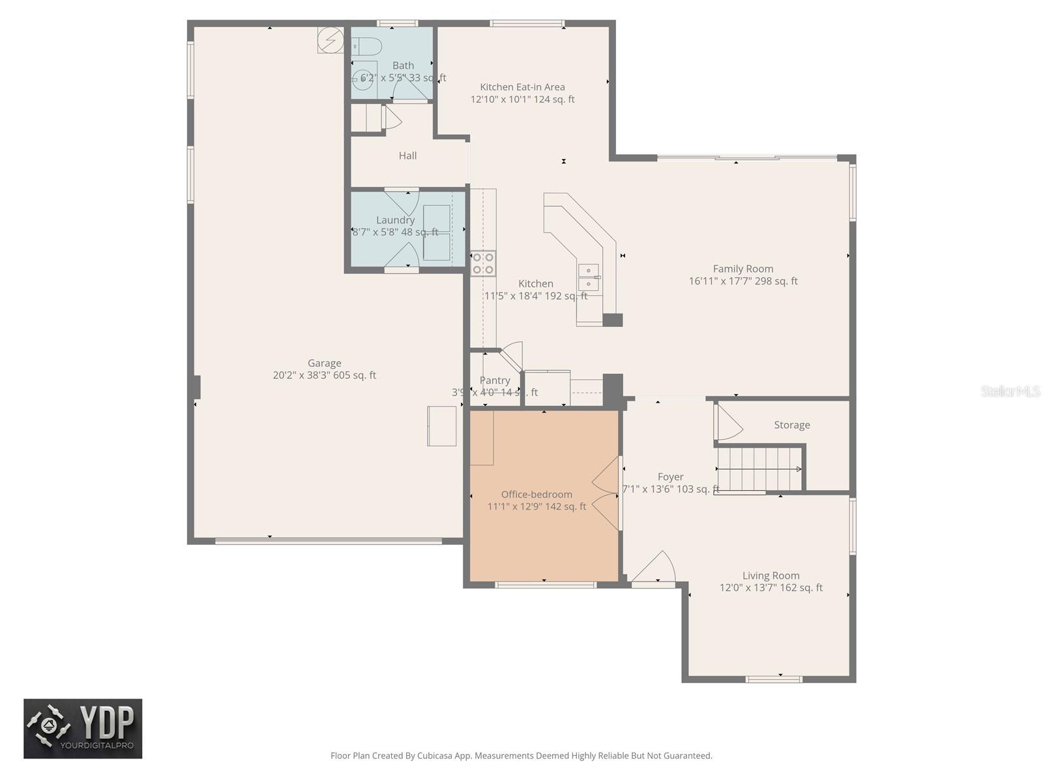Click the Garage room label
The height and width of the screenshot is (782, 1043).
324,363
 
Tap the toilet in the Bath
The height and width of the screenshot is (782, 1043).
367,47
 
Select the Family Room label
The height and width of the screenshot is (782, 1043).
743,268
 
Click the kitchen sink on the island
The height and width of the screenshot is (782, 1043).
589,278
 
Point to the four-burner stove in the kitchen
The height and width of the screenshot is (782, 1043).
483,263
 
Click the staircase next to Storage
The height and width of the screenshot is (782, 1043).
759,469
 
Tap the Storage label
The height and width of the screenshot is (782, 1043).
792,425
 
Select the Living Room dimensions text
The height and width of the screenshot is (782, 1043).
771,588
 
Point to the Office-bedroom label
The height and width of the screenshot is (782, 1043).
536,495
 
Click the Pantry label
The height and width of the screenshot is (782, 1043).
495,381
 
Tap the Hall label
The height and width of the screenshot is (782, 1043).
407,156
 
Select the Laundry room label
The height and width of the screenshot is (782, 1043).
395,220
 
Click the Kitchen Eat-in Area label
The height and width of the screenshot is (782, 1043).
522,87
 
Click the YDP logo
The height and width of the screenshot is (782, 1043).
83,729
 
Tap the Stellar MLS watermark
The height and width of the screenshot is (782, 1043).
1010,391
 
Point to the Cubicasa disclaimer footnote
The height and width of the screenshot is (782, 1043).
521,756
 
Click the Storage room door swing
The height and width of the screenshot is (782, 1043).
729,424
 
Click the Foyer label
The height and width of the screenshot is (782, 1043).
670,477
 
